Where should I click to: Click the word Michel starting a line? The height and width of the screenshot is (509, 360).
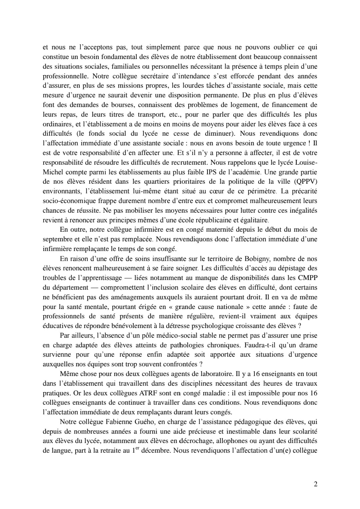click(x=53, y=172)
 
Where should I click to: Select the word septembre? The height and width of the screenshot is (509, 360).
click(x=55, y=239)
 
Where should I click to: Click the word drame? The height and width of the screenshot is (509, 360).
click(x=308, y=345)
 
